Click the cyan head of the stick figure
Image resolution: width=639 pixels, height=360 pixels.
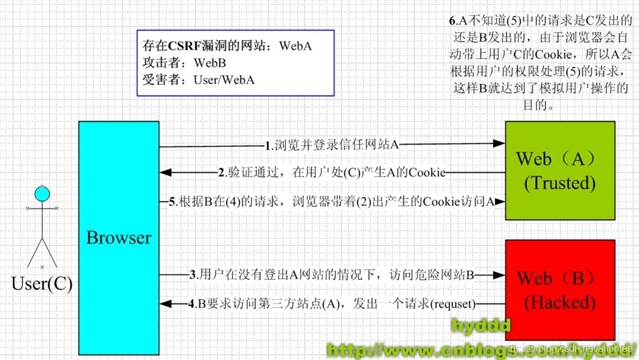(x=41, y=194)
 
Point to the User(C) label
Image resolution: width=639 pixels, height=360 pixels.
(x=41, y=284)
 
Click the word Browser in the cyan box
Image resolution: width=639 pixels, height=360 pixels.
(x=118, y=237)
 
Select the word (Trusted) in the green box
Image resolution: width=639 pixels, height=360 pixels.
(x=559, y=182)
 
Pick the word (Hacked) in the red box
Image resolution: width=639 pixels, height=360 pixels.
(x=559, y=301)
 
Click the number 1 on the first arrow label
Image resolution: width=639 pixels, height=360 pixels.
(x=268, y=146)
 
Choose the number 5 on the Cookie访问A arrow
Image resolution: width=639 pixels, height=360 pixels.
(x=173, y=201)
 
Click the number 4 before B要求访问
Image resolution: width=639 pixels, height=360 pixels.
(x=192, y=304)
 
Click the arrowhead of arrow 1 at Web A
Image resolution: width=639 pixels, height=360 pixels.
(x=499, y=144)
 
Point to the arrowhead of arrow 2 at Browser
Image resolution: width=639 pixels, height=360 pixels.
(x=165, y=173)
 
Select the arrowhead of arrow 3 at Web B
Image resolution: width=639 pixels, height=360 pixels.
(x=499, y=275)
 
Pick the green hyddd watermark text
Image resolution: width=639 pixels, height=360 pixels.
(x=480, y=327)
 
